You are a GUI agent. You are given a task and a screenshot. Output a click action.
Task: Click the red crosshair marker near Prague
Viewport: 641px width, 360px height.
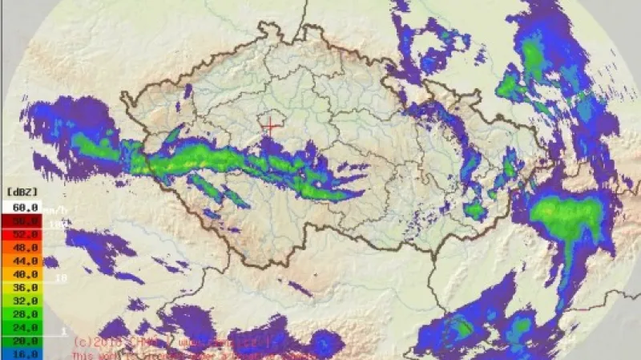coord(272,125)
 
